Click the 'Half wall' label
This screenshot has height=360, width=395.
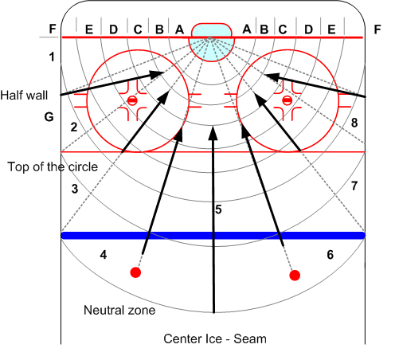[x=24, y=96]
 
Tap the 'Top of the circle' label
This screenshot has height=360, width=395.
[x=53, y=167]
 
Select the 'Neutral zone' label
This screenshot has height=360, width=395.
[x=119, y=310]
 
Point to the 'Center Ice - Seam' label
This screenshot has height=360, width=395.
[x=215, y=339]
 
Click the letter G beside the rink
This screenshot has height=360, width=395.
[x=49, y=117]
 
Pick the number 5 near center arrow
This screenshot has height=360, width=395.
[x=218, y=209]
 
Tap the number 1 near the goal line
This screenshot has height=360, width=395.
[x=52, y=57]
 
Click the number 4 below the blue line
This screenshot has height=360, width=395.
[x=104, y=255]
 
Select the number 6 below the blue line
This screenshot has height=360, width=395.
[x=330, y=255]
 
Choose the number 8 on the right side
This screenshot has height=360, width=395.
[x=354, y=123]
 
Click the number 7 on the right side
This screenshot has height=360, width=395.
[x=354, y=186]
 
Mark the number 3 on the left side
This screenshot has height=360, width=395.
[x=75, y=189]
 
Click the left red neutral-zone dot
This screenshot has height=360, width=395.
[x=135, y=272]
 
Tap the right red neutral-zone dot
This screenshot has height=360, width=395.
[x=295, y=276]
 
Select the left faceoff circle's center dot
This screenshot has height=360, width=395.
[x=132, y=100]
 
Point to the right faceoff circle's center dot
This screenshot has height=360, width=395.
[x=287, y=100]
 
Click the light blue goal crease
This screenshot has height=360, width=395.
[x=212, y=42]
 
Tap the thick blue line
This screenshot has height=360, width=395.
[x=213, y=236]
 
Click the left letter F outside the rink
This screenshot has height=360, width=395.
[x=53, y=29]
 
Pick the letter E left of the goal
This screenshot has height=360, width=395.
[x=89, y=29]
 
